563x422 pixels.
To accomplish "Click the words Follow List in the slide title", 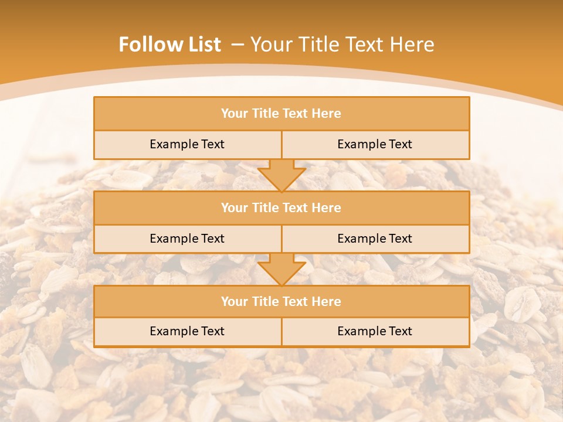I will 170,45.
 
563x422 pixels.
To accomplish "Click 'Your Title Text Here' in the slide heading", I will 342,45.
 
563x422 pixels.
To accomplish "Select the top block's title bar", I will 281,114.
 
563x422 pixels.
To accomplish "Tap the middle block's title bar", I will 281,207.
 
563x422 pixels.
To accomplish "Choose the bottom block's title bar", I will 281,301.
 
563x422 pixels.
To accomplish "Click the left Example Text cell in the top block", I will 187,144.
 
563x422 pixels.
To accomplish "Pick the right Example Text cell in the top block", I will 375,144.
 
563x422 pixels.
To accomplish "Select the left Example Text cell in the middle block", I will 187,239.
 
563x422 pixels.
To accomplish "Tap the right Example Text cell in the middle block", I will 375,239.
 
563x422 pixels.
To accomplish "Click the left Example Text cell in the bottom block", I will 187,331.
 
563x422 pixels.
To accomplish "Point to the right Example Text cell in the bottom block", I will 375,331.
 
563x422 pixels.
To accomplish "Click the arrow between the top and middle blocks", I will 281,175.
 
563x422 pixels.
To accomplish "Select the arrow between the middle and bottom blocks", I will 281,269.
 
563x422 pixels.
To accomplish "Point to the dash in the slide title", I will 238,45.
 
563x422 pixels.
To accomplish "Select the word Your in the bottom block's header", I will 235,301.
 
